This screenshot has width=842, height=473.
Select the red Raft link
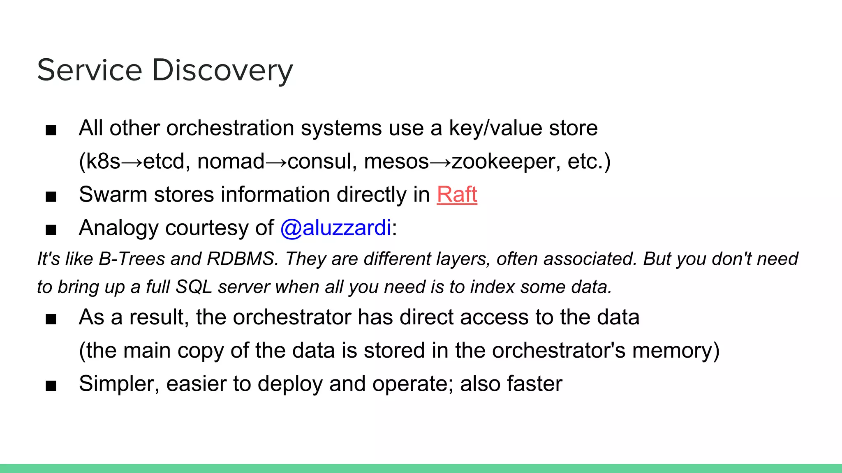click(x=457, y=195)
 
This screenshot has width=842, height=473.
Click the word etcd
click(x=163, y=161)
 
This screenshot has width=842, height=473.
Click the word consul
click(x=322, y=161)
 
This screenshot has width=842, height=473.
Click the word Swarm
click(x=113, y=195)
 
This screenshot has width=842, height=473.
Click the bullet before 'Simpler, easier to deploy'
click(x=51, y=386)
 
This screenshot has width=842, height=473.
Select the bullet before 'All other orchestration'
click(x=51, y=130)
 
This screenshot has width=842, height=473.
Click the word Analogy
click(x=118, y=228)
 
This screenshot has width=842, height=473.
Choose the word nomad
click(x=231, y=161)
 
